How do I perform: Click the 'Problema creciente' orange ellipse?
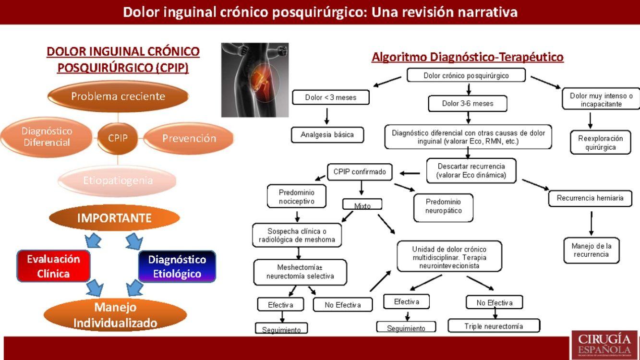coord(118,96)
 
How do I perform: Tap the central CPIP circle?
coord(118,138)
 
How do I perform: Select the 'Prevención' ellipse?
coord(189,139)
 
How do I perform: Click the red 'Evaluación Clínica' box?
coord(53,266)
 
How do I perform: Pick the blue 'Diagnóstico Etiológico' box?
coord(177,266)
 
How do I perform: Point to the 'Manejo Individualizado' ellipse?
coord(115,315)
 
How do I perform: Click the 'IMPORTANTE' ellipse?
coord(114,218)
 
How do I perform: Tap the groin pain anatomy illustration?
coord(254,80)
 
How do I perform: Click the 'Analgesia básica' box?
coord(327,135)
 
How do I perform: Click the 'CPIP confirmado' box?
coord(360,172)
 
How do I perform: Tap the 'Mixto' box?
coord(362,205)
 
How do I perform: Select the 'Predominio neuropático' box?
coord(443,206)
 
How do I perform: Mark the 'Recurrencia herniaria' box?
coord(590,198)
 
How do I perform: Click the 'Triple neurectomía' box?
coord(494,326)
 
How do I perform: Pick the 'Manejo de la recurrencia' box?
coord(591,250)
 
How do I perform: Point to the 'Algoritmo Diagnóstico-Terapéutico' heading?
coord(467,57)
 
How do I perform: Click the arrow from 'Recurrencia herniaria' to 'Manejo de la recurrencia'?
coord(591,223)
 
